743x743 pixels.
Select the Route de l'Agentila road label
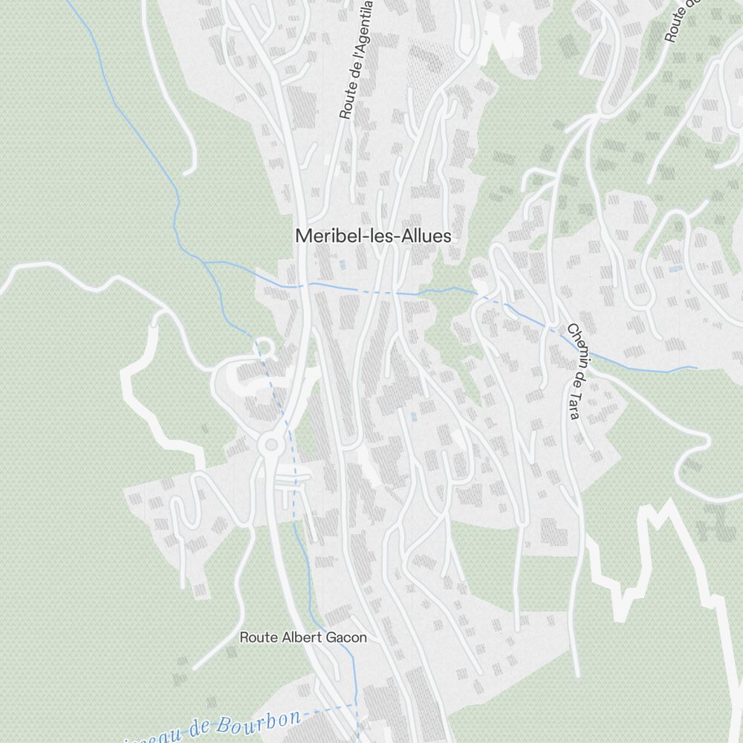356,59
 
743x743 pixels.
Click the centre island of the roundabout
271,445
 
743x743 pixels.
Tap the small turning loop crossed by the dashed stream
263,346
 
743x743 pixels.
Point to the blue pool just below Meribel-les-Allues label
342,264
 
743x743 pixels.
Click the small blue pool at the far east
675,269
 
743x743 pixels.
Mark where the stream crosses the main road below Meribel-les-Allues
305,285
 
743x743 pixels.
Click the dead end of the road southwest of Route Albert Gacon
195,667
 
